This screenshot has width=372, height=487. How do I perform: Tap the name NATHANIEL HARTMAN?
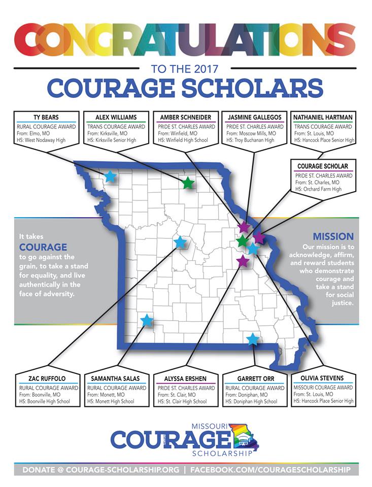pos(323,117)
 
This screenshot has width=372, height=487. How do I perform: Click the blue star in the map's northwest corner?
pos(110,177)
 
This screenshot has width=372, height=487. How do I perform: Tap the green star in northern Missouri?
pos(188,183)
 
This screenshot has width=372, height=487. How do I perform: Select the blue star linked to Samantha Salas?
pos(147,320)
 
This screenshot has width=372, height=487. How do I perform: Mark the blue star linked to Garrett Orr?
pos(252,338)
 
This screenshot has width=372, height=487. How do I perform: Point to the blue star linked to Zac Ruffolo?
pos(180,242)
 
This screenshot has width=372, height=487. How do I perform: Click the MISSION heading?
pos(333,236)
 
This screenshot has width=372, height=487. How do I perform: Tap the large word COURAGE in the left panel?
pos(43,247)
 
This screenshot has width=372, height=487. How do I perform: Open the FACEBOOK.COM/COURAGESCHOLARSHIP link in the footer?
pos(270,470)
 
